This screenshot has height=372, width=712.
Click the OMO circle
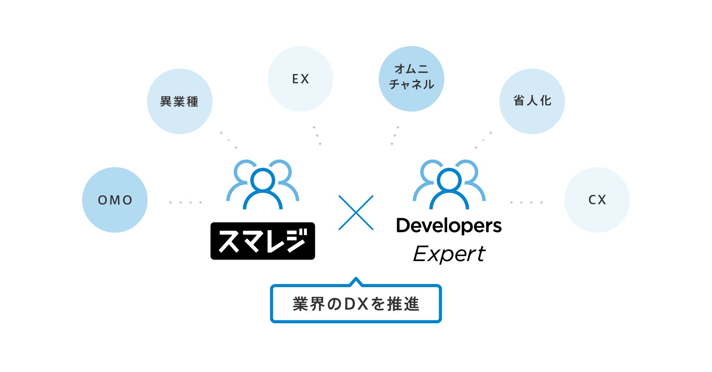(115, 200)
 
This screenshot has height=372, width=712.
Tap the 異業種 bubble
(180, 102)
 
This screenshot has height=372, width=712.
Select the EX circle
(300, 79)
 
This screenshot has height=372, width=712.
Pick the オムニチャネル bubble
(411, 79)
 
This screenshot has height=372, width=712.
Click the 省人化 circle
(532, 101)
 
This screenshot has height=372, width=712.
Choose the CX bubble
(597, 200)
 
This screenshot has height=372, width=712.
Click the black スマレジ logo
(263, 241)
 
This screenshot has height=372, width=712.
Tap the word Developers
(449, 226)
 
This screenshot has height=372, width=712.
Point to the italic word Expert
(449, 254)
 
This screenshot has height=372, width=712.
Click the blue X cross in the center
(356, 213)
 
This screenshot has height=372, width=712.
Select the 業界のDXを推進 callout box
(356, 304)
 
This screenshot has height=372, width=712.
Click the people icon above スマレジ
(263, 184)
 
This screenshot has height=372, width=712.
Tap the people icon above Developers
(449, 184)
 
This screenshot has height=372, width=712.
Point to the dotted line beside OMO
(185, 202)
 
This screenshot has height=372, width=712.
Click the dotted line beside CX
(526, 202)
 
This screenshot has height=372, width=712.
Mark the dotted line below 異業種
(228, 140)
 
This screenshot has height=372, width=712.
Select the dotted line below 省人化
(483, 140)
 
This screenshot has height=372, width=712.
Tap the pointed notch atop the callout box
(356, 281)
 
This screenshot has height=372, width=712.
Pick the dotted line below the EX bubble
(317, 135)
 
